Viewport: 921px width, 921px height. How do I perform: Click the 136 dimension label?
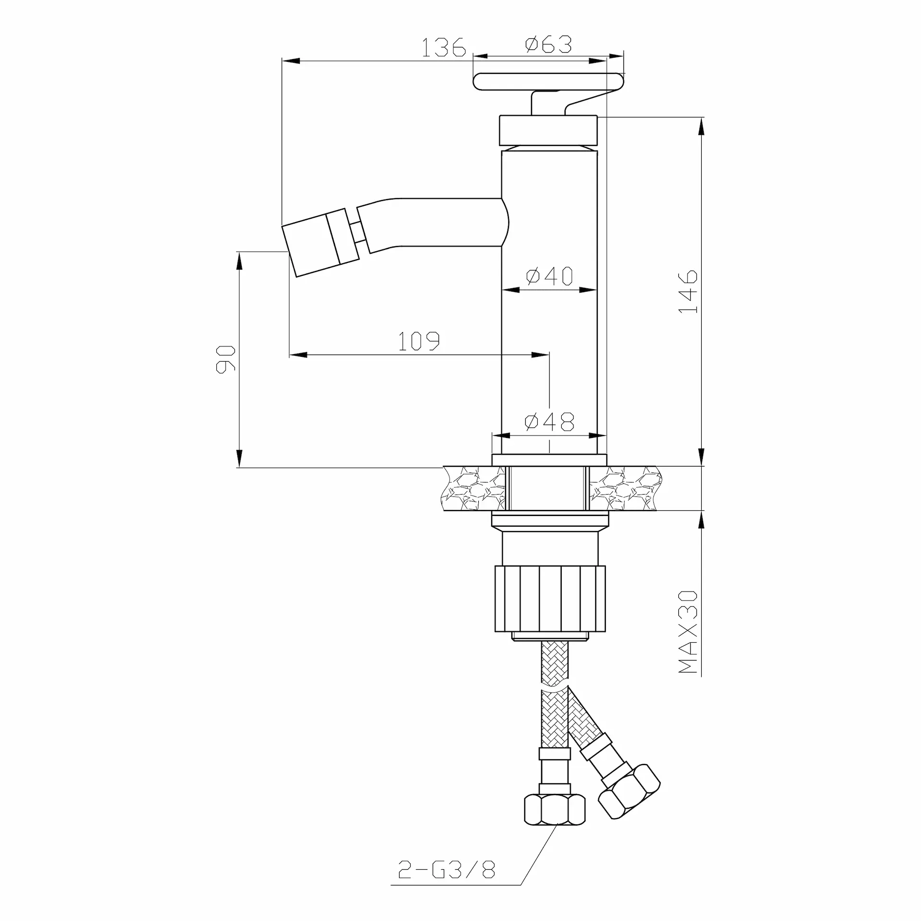coord(444,47)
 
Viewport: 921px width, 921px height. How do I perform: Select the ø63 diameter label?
coord(549,45)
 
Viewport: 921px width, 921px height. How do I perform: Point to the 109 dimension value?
coord(419,341)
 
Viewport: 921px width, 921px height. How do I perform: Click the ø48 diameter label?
coord(550,422)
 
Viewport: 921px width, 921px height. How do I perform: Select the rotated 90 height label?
coord(226,359)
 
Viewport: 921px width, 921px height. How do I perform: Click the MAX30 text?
coord(688,632)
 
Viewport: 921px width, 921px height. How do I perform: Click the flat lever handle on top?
coord(549,82)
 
